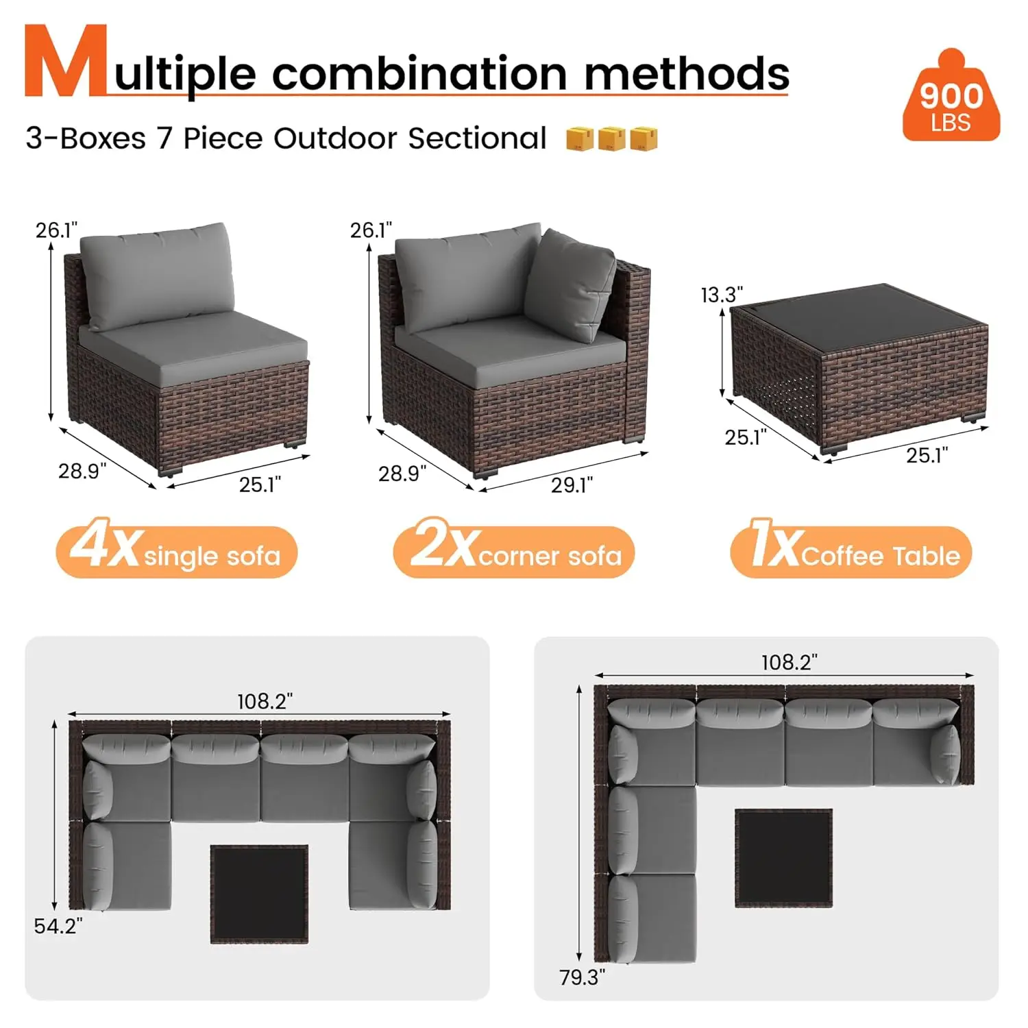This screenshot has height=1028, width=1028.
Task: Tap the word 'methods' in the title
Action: pos(687,73)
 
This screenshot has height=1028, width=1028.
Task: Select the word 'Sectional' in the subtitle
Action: pos(477,138)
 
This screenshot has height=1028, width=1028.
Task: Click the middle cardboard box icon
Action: pos(611,138)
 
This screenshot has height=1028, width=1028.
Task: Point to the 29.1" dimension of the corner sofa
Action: pos(572,485)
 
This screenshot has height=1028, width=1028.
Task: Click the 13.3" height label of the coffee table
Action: pos(721,295)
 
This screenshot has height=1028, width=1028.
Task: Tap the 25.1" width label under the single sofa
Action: pos(260,485)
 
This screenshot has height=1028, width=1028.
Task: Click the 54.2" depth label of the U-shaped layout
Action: pos(58,926)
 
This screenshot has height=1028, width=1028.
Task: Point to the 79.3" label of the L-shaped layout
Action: pos(582,977)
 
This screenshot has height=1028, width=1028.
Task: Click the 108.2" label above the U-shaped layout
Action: pos(265,701)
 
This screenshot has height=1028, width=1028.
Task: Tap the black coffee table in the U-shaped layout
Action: pos(259,894)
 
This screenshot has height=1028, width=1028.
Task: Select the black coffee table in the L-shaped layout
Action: pos(784,858)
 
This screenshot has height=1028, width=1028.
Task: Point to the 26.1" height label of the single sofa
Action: pos(56,230)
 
